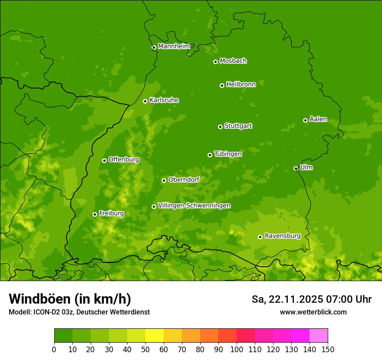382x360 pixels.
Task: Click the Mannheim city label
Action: pos(174,46)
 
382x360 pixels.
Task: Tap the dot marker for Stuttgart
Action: pos(220,127)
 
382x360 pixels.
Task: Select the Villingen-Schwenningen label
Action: pos(194,206)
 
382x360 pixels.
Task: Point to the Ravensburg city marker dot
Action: pos(260,237)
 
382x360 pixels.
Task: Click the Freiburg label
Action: pos(111,213)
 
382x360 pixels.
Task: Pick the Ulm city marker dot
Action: pos(296,168)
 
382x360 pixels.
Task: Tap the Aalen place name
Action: pos(318,119)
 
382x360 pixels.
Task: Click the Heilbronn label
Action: pos(241,85)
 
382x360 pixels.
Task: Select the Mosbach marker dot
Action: pos(215,62)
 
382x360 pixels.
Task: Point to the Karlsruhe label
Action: pos(164,100)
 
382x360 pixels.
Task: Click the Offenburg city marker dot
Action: pos(104,160)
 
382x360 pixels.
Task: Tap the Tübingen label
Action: pos(228,154)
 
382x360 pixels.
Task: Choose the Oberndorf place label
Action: pos(184,180)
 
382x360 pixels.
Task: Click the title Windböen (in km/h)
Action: pos(70,299)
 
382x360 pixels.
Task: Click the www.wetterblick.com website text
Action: pos(313,312)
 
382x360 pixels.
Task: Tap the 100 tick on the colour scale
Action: pos(237,349)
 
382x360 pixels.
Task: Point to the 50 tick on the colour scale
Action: pos(145,349)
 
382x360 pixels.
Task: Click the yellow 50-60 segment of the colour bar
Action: pos(155,336)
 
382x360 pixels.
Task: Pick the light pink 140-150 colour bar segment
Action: pos(319,336)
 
